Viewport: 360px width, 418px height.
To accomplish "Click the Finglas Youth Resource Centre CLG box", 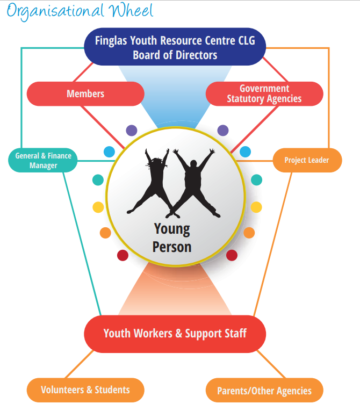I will pos(175,47).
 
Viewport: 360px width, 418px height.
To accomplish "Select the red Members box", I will pos(85,93).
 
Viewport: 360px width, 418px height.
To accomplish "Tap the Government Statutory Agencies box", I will pos(264,93).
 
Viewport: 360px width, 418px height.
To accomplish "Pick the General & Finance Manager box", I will pos(43,161).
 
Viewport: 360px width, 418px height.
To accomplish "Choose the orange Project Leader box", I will pos(306,160).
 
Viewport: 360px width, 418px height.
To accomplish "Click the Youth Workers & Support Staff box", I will pos(175,334).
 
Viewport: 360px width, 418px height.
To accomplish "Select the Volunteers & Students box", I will pos(85,390).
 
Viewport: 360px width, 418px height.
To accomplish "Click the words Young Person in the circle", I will pos(172,237).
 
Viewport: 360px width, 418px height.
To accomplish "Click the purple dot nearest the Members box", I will pos(132,130).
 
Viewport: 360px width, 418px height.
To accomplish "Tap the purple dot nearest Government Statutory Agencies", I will pos(223,130).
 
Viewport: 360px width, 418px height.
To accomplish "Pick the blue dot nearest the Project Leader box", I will pos(245,152).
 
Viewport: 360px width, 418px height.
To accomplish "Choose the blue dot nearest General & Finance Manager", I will pos(109,152).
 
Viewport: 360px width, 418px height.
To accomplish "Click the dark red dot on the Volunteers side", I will pos(123,255).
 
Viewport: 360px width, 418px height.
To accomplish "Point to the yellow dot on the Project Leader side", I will pos(257,207).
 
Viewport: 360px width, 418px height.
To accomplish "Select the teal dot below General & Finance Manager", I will pos(98,180).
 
